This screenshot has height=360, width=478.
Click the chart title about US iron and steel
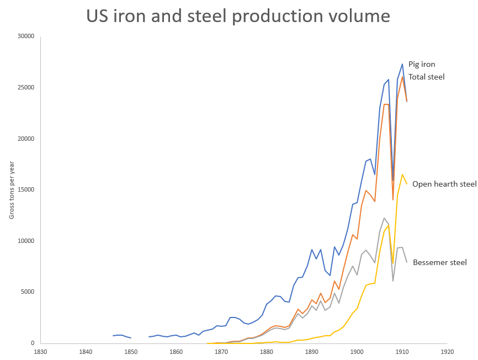(x=238, y=15)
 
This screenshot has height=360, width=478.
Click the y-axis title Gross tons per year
(x=11, y=190)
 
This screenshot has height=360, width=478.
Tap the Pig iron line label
(x=422, y=64)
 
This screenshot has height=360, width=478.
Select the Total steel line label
(x=426, y=77)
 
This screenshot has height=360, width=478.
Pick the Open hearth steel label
(x=444, y=184)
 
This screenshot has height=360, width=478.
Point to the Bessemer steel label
(x=439, y=262)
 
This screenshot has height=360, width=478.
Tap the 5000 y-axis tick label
(x=28, y=292)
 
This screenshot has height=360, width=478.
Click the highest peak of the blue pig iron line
(x=402, y=64)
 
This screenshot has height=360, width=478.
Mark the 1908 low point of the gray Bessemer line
(x=393, y=281)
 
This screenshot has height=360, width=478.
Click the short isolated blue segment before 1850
(x=122, y=335)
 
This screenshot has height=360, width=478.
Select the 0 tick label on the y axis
(x=32, y=343)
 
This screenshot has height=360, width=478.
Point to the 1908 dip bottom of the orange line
(x=393, y=199)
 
